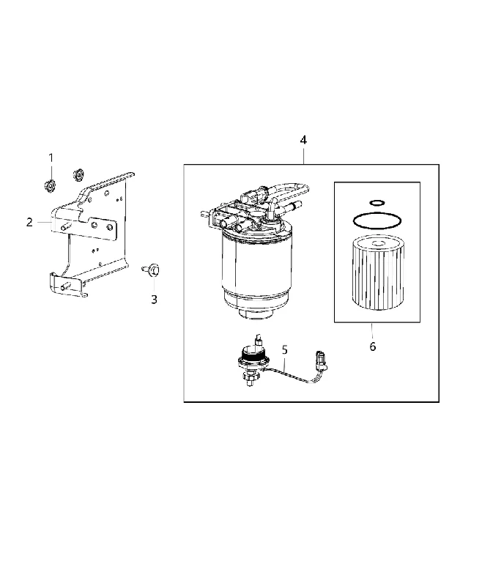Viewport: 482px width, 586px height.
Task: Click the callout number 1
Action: (51, 157)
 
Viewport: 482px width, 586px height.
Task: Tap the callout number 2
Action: (29, 223)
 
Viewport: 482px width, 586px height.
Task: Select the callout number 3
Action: (154, 299)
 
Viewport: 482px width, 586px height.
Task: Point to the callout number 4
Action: (303, 140)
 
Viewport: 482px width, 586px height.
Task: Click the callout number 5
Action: (285, 350)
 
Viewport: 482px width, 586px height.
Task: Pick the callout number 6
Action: (373, 346)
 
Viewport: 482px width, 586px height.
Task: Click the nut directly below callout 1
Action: (49, 185)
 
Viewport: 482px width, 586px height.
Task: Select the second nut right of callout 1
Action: (78, 174)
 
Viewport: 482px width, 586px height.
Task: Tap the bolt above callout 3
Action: (152, 270)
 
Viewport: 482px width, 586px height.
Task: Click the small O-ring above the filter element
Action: (377, 203)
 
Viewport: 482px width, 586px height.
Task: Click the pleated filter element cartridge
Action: (378, 272)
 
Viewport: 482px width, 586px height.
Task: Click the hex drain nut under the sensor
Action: (251, 380)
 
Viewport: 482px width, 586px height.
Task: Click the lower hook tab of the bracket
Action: (67, 286)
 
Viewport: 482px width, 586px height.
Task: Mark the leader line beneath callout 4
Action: (303, 155)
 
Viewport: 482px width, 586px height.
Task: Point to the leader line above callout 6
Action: (372, 331)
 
